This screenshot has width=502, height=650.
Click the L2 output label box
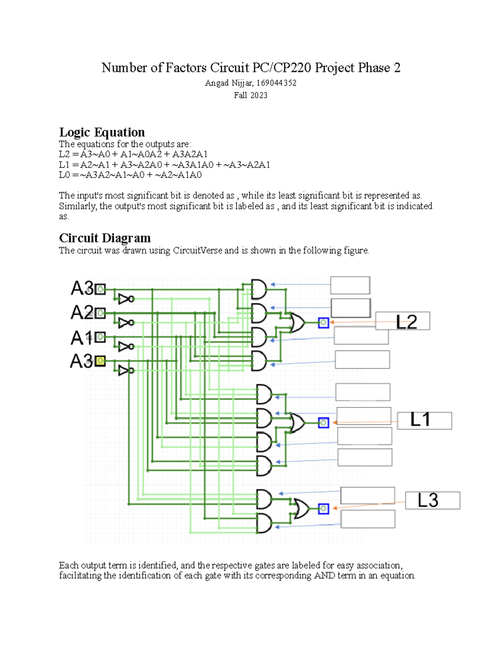[x=402, y=321]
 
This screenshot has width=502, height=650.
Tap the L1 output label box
[x=424, y=420]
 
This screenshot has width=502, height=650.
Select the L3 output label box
[x=433, y=500]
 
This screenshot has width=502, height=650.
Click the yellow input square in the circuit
[x=100, y=361]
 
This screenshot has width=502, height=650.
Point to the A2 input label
[x=82, y=313]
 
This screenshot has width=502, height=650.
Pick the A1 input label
[x=82, y=337]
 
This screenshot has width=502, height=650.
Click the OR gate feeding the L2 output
[x=297, y=323]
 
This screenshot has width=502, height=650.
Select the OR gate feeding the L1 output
[x=297, y=423]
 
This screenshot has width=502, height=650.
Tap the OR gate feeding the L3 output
[x=301, y=509]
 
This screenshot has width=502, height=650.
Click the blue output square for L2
[x=323, y=323]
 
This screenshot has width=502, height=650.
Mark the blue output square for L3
[x=323, y=509]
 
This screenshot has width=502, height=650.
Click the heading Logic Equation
[x=102, y=132]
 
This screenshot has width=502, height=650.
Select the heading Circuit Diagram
[x=105, y=238]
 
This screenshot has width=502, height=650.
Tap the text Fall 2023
[x=251, y=95]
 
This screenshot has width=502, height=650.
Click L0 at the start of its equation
[x=64, y=175]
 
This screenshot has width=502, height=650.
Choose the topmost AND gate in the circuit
[x=259, y=289]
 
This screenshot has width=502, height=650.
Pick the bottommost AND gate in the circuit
[x=264, y=523]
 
